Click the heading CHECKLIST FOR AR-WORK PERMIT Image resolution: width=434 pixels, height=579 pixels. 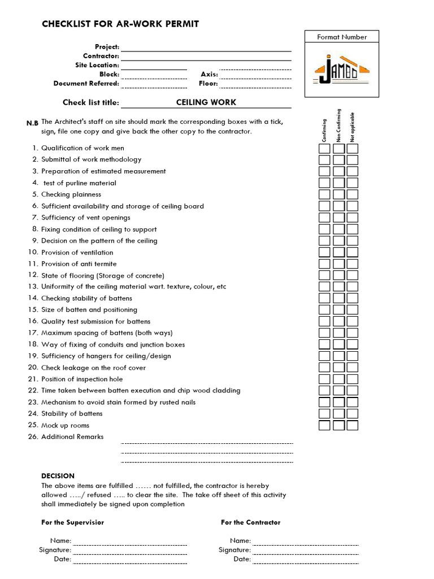pos(120,24)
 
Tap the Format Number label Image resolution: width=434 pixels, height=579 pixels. pos(342,37)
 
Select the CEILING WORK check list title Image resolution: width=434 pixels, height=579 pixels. pos(206,102)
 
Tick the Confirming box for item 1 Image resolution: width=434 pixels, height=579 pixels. pos(324,149)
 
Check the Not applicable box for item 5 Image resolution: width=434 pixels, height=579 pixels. pos(352,195)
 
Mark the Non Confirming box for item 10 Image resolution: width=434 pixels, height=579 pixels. pos(338,252)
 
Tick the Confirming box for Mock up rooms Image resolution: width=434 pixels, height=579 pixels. pos(324,425)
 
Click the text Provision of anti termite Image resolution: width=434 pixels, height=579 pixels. pos(79,264)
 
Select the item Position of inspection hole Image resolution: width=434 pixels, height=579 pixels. pos(82,379)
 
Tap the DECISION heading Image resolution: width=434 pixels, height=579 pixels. pos(58,476)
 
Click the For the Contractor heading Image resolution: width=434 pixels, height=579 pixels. pos(250,522)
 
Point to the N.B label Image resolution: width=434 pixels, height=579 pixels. pos(32,123)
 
